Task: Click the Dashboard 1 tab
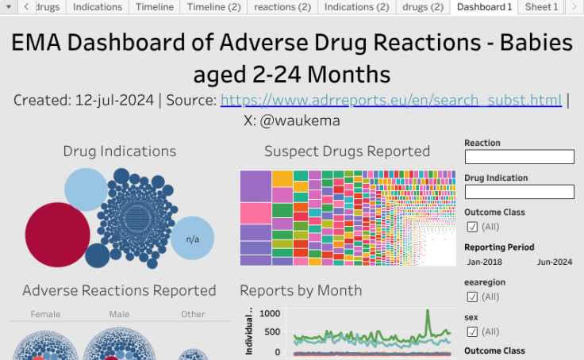point(485,7)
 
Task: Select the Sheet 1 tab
point(542,7)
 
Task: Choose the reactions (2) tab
point(282,7)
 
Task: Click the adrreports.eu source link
point(391,101)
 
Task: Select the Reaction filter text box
point(519,157)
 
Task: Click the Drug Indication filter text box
point(519,192)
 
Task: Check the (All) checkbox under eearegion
point(472,297)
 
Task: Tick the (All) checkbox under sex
point(472,331)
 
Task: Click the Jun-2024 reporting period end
point(555,262)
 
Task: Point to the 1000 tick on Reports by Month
point(270,313)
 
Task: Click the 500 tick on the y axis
point(273,332)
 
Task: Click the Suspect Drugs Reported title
point(347,151)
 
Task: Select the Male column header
point(119,314)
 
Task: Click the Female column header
point(45,314)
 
